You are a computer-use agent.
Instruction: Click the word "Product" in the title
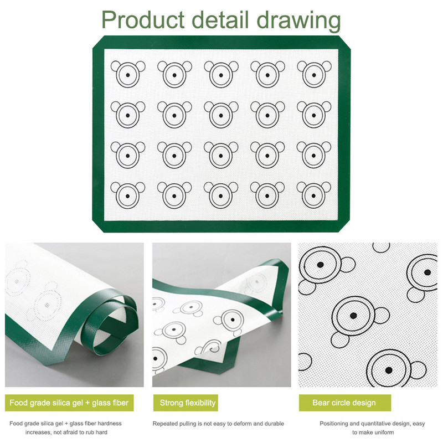point(143,19)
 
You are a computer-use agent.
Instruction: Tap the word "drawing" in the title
point(298,21)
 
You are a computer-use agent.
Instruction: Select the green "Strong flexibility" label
point(186,403)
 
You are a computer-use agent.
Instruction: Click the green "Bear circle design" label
point(344,403)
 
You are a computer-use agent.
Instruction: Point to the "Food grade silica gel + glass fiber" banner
point(69,403)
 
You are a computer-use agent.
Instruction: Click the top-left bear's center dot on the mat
point(128,75)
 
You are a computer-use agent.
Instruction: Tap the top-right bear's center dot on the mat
point(314,75)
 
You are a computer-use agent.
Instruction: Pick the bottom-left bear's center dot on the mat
point(128,196)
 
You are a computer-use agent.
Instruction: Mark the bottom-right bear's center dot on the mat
point(313,196)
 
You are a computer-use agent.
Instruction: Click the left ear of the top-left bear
point(115,66)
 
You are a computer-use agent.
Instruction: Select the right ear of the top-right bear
point(327,66)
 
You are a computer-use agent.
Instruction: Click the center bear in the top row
point(221,74)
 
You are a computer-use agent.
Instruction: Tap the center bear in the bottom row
point(221,195)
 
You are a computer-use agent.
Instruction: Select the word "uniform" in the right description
point(384,432)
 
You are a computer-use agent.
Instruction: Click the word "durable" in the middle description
point(274,424)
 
